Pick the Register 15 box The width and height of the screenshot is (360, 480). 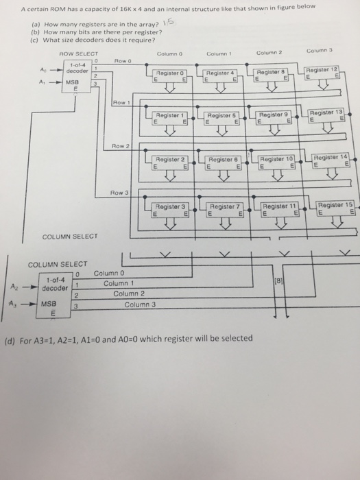(x=333, y=208)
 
